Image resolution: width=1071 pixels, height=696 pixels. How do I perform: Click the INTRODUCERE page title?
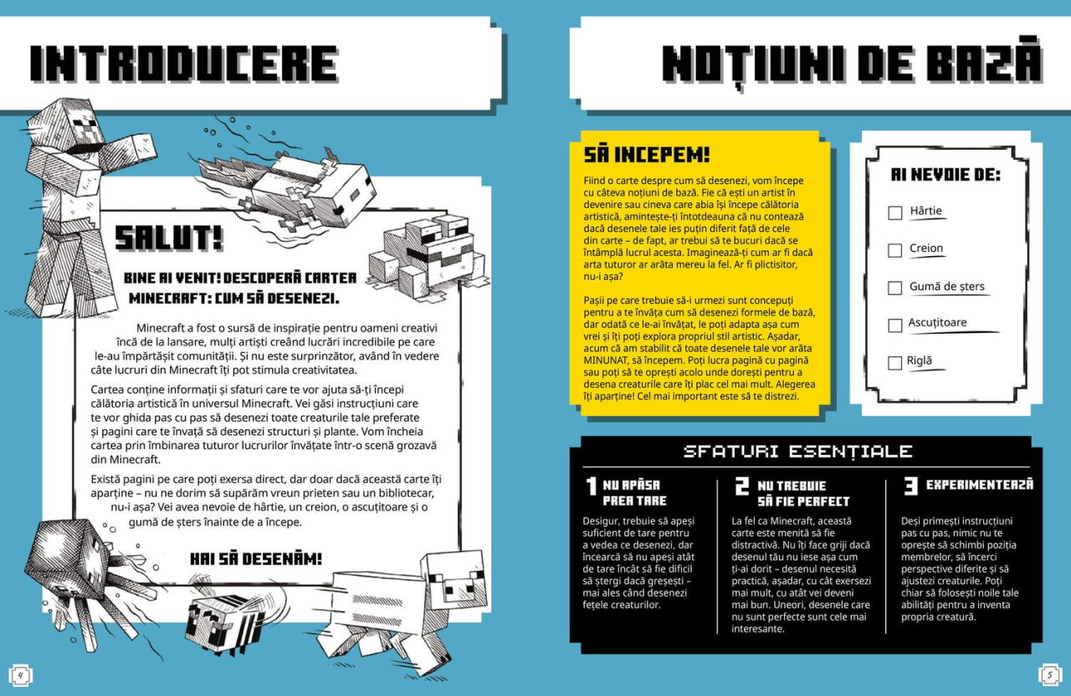184,65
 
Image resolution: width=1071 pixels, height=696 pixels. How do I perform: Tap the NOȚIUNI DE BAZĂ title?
851,64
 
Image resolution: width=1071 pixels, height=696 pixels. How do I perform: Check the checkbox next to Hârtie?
894,212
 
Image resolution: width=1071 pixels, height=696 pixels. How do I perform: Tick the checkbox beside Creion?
894,250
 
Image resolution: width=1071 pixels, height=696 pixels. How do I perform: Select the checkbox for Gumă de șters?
894,288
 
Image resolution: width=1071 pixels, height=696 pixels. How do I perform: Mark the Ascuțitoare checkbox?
894,325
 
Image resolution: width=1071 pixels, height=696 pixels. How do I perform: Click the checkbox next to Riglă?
894,363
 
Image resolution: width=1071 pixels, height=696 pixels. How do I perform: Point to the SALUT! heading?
168,238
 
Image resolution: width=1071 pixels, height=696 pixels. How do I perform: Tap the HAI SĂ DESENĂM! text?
255,558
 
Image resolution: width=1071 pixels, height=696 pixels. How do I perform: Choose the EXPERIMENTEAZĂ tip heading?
979,484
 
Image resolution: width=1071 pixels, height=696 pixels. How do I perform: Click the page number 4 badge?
19,673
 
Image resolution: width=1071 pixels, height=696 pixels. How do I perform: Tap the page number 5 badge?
1049,673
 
